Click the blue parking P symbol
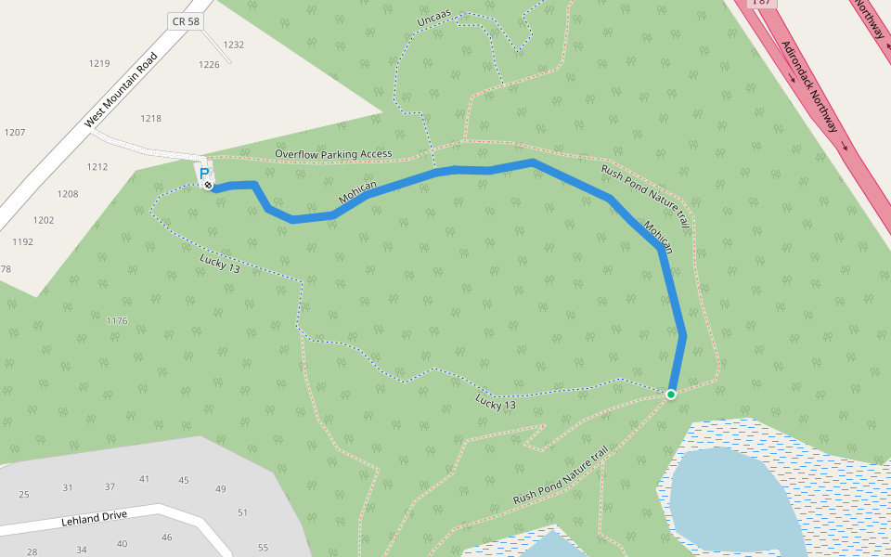point(204,172)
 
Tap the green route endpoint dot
point(671,395)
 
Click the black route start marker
point(209,186)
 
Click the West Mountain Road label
point(122,90)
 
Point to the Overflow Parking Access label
point(333,153)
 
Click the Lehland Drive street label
point(94,518)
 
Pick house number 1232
point(233,45)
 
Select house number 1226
point(209,64)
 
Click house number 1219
point(99,63)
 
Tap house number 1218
point(150,118)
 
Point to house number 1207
point(15,132)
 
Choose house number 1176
point(117,320)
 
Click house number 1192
point(23,241)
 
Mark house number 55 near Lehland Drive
point(263,547)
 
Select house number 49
point(220,488)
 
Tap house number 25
point(24,494)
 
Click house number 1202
point(44,220)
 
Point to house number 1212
point(97,167)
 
